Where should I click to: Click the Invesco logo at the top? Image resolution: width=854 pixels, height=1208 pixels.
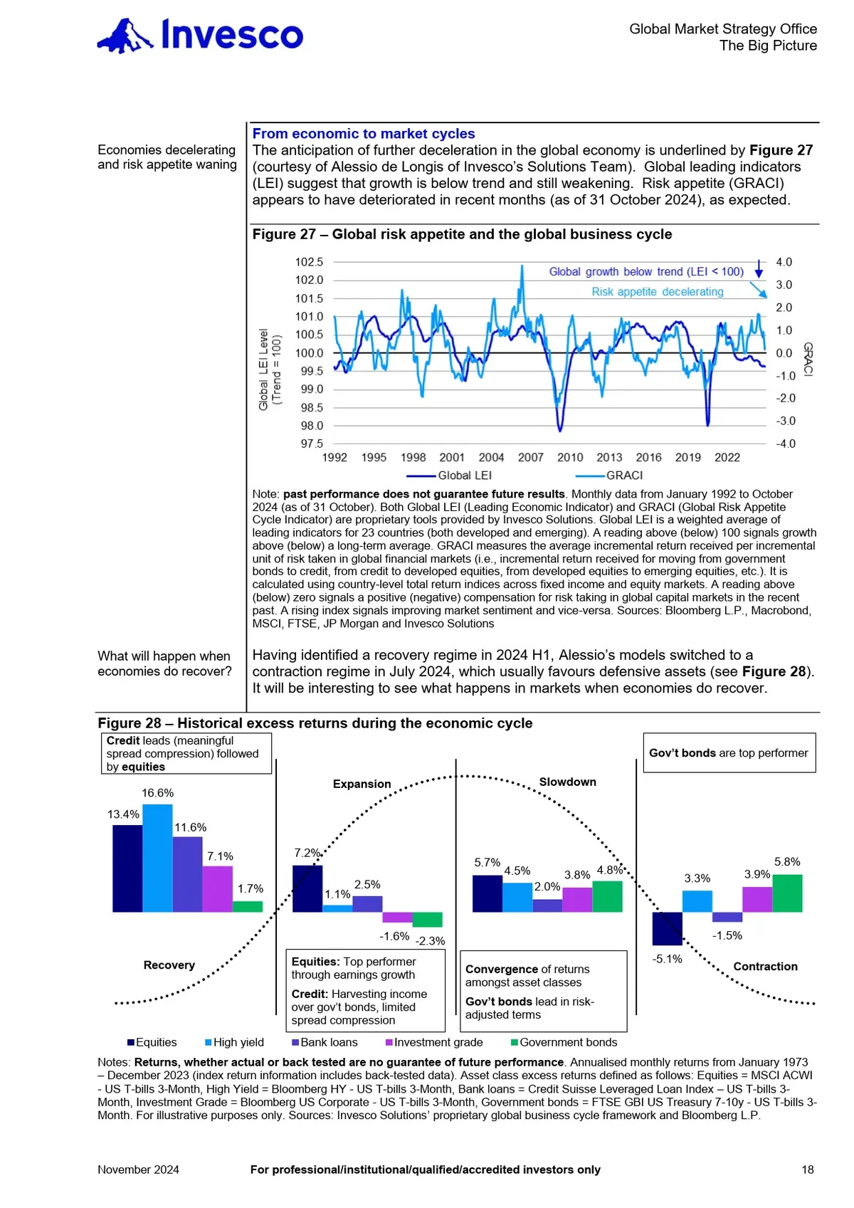(200, 36)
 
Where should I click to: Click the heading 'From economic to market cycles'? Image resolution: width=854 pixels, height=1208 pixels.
(363, 134)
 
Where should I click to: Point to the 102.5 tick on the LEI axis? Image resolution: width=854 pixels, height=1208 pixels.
(309, 262)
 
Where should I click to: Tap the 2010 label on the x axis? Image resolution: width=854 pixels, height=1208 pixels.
(569, 458)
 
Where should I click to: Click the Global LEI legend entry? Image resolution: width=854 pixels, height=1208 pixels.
(449, 476)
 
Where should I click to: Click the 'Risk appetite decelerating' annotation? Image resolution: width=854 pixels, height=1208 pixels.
(657, 292)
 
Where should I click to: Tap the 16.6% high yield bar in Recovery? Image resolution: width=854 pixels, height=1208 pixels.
(157, 858)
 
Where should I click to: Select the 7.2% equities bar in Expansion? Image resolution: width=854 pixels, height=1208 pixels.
(307, 888)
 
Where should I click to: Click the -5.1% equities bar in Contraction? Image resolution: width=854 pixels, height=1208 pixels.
(667, 928)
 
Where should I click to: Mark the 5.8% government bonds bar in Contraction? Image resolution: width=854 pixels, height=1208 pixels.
(787, 893)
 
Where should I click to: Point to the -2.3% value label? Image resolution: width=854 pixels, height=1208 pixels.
(430, 941)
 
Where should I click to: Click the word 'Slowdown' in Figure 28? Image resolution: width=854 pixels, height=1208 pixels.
(567, 782)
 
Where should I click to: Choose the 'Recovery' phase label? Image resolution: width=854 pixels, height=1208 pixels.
(169, 965)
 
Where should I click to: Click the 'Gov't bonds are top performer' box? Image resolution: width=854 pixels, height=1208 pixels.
(729, 753)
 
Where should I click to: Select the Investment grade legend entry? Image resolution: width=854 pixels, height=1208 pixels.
(434, 1042)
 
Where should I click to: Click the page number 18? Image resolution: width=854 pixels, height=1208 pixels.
(808, 1170)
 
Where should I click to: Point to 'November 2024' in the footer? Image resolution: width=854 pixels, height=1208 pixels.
(138, 1170)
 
